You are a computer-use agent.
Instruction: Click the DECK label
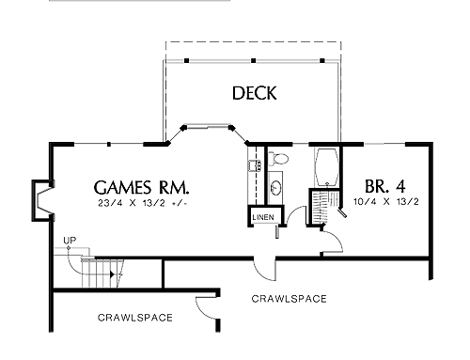[255, 93]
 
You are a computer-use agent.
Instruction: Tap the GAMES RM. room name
[142, 187]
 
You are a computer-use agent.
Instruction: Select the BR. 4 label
[385, 186]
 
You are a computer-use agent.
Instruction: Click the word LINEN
[263, 217]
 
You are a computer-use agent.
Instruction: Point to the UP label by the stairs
[70, 241]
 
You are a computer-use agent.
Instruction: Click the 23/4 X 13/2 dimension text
[143, 203]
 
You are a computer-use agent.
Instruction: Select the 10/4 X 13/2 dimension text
[386, 202]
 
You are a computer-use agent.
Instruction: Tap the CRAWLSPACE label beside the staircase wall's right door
[289, 299]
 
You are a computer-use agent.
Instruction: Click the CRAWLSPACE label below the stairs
[135, 318]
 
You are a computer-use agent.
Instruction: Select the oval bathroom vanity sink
[276, 188]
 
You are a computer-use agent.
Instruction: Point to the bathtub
[327, 166]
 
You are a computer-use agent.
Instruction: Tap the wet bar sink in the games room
[255, 165]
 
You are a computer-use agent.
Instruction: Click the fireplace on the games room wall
[42, 200]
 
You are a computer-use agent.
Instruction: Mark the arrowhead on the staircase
[112, 274]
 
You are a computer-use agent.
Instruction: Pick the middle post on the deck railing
[254, 60]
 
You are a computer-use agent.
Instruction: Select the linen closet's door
[277, 231]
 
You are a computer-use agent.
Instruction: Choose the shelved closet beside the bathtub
[319, 207]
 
